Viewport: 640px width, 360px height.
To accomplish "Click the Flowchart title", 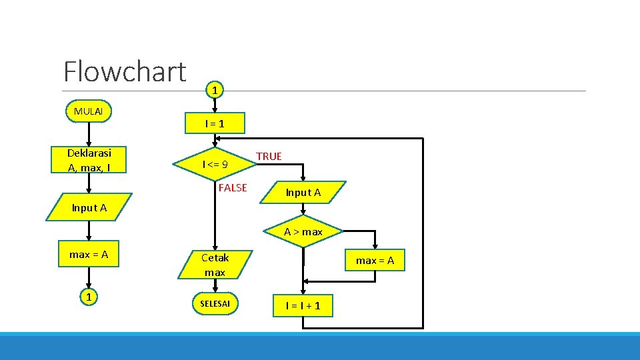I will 125,71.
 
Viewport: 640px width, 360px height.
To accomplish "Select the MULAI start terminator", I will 89,111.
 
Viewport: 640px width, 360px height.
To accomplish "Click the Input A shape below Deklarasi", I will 89,208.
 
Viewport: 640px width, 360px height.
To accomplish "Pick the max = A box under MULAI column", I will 89,254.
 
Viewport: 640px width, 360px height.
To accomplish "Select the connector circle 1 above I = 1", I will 214,89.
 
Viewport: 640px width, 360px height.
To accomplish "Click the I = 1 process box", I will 215,123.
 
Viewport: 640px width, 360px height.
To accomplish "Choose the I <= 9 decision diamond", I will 215,164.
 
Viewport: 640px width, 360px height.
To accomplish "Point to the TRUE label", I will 269,156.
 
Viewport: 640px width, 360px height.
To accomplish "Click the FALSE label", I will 233,188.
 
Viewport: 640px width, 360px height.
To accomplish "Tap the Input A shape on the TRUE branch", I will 303,193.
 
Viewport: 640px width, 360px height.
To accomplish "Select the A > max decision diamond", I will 303,232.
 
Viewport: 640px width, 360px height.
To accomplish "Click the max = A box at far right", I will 375,261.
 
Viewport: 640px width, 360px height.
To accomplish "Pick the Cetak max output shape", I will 215,265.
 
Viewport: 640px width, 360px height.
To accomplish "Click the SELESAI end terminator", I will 215,304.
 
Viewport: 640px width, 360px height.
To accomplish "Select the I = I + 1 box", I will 303,305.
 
